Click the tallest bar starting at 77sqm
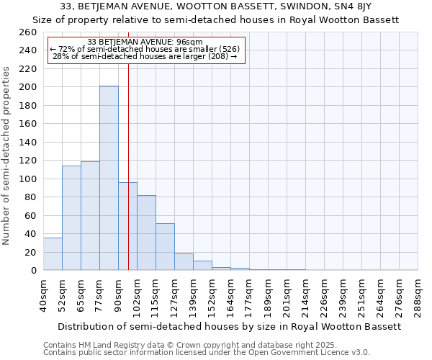(109, 179)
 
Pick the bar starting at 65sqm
(90, 216)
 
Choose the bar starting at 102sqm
(146, 233)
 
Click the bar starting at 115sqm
(165, 247)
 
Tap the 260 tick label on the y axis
(28, 32)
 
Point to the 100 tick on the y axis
(28, 179)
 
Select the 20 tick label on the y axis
(31, 252)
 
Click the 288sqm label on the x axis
(418, 295)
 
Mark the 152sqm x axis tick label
(212, 295)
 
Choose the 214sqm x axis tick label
(305, 295)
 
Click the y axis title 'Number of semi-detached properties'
(7, 155)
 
